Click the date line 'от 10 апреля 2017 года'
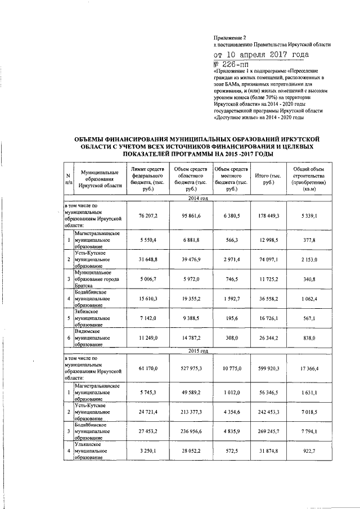tap(261, 55)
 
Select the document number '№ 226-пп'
tap(232, 65)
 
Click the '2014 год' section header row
tap(197, 199)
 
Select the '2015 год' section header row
tap(197, 351)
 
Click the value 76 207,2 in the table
tap(147, 215)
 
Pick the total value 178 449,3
tap(268, 215)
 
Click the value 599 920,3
tap(268, 368)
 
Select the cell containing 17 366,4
tap(308, 368)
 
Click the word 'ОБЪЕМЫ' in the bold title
tap(94, 138)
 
